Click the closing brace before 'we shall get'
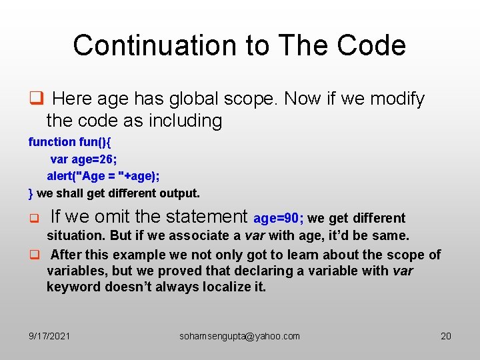click(x=31, y=193)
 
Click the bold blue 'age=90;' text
click(x=279, y=218)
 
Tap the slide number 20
click(x=446, y=336)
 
